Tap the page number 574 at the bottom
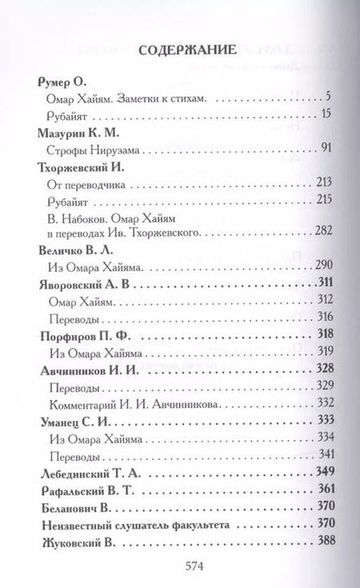[x=179, y=562]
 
